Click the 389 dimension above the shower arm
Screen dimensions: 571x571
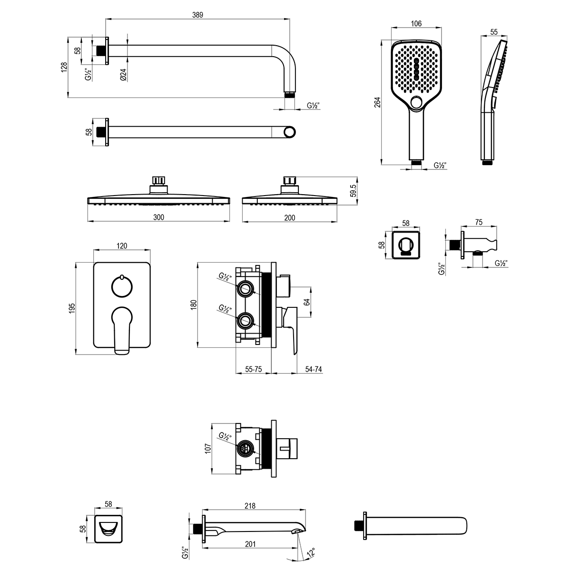(197, 15)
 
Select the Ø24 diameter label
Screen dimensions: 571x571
(123, 75)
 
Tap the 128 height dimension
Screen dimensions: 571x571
(64, 67)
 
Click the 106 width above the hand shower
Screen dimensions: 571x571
(416, 23)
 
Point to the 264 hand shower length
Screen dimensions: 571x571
(377, 102)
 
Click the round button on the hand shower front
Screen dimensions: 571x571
(417, 103)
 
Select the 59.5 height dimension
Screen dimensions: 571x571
(353, 191)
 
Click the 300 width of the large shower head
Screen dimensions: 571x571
(158, 217)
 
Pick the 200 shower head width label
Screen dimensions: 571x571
(289, 218)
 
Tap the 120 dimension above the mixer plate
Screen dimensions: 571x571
(122, 246)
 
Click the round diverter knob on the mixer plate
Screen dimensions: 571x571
(122, 286)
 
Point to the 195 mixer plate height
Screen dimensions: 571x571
(72, 308)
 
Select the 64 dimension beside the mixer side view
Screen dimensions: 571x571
(307, 302)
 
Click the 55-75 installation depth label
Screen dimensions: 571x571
(253, 369)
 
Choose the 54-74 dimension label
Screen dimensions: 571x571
(314, 369)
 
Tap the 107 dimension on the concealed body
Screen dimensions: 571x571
(208, 448)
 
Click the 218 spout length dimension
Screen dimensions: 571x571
(250, 506)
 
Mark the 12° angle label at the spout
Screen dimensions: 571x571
(311, 552)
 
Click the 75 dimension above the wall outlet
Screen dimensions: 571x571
(479, 222)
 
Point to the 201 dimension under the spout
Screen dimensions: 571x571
(250, 544)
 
